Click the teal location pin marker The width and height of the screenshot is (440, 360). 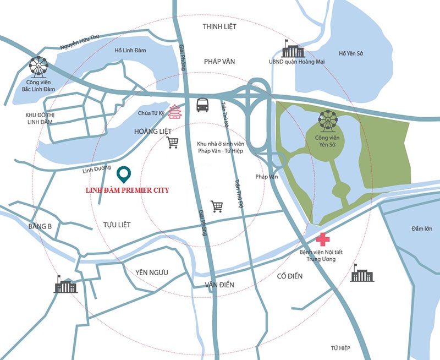coord(124,174)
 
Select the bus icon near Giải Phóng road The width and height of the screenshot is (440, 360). coord(203,104)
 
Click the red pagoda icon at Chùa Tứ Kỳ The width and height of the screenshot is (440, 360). coord(175,112)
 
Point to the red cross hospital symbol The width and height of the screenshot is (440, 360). coord(322,240)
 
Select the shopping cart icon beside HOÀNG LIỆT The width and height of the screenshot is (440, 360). coord(173,143)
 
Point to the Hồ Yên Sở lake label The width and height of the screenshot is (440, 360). coord(354,53)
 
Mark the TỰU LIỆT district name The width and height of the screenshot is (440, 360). coord(117,225)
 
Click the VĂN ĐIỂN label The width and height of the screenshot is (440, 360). coord(219,285)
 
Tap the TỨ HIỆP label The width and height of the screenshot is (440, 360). coord(340,348)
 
